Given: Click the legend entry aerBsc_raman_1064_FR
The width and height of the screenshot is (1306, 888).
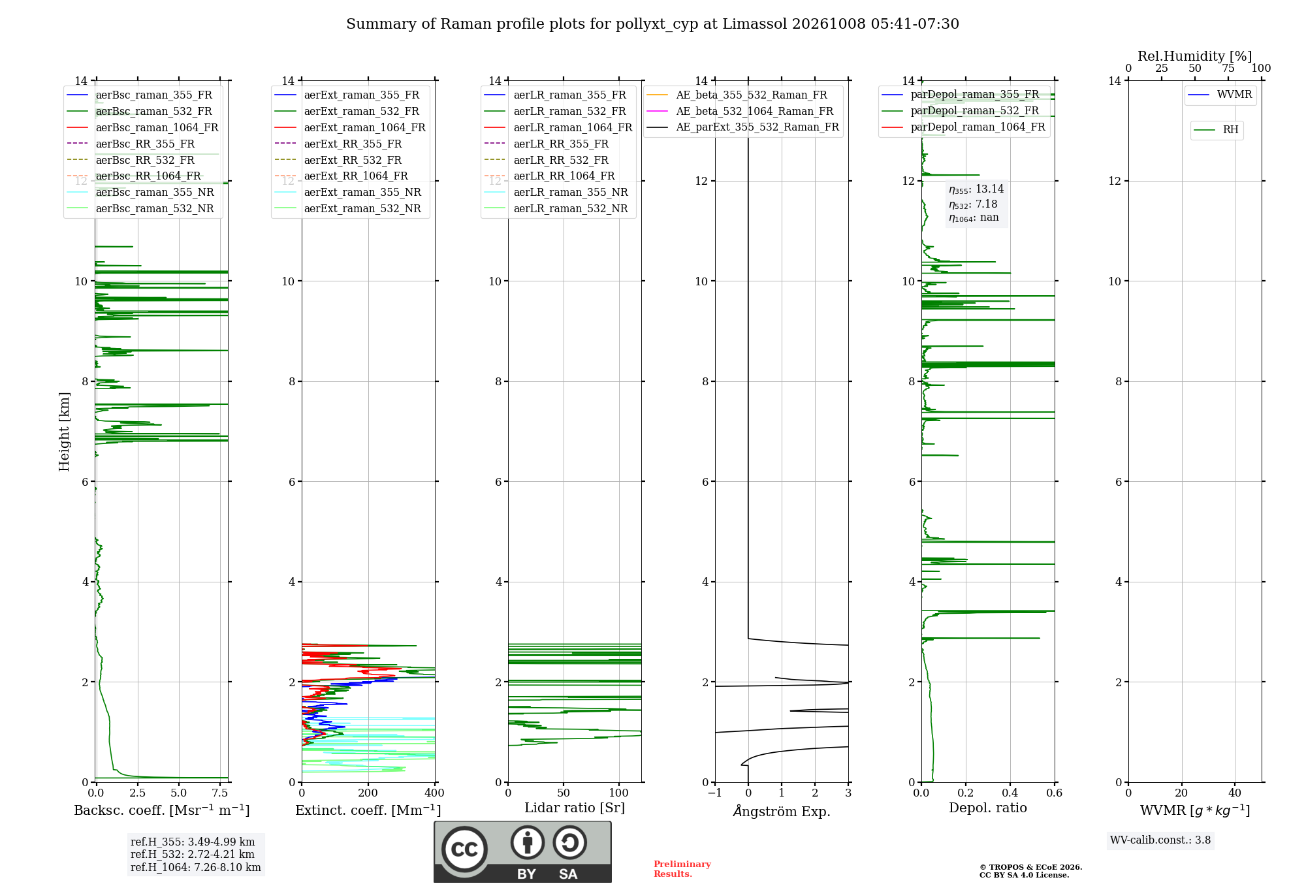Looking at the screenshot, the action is pos(142,127).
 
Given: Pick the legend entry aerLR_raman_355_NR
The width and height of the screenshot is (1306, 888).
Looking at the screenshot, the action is pos(556,193).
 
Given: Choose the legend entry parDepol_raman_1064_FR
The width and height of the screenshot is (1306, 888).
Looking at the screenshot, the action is pos(963,127).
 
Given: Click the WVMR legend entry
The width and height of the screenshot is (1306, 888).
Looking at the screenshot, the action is pos(1220,95).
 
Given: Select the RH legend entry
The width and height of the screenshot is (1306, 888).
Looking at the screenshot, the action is pos(1216,130).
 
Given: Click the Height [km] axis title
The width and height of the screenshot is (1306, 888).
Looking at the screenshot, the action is pos(64,432).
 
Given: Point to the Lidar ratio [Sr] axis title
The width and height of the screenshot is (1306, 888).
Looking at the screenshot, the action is pos(575,808).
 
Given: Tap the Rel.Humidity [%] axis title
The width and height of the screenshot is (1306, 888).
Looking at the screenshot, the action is pos(1195,56).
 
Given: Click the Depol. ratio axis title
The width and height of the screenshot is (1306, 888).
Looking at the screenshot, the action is pos(988,808).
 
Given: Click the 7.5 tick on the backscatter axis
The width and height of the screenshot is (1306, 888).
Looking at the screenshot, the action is pos(220,793).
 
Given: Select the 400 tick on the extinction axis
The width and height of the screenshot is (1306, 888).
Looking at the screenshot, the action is pos(435,793).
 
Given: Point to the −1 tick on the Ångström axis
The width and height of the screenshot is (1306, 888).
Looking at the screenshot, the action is pos(714,793).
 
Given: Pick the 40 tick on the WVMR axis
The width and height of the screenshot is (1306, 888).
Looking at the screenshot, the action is pos(1235,793).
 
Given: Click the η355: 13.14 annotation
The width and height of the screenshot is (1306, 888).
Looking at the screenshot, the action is pos(976,189).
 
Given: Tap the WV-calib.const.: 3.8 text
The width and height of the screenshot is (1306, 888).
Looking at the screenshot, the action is pos(1160,840).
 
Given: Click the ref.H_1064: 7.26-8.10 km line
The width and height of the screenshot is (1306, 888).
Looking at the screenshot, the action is pos(196,868).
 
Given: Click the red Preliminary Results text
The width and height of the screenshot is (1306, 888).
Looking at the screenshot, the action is pos(682,869).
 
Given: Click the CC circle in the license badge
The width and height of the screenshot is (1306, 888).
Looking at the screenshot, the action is pos(464,849).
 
